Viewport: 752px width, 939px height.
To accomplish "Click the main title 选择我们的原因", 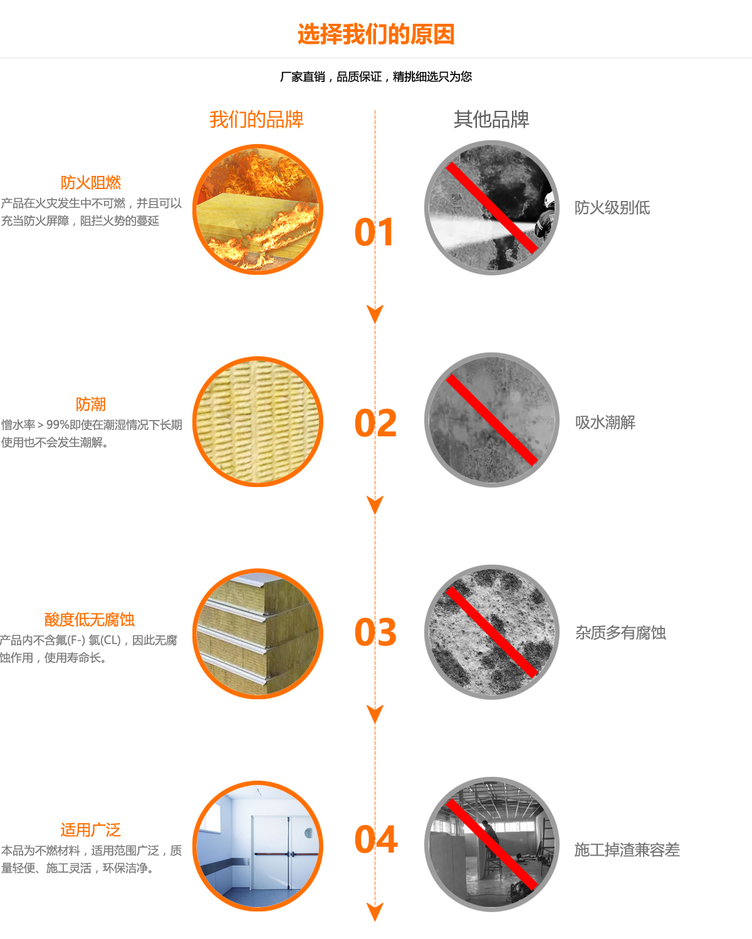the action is (376, 34).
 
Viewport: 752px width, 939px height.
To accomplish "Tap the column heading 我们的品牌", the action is (256, 119).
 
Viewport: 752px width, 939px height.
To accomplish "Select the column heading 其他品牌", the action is (491, 119).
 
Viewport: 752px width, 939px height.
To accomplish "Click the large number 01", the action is (375, 232).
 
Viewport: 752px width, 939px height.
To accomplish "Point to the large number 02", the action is (375, 423).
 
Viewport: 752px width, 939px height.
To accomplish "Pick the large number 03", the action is (375, 632).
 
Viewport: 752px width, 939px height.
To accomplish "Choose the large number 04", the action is (376, 839).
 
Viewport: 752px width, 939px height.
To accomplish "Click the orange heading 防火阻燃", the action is (91, 182).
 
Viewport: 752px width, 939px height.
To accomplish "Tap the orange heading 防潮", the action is (91, 404).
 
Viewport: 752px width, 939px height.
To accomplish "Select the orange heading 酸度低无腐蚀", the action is (90, 619).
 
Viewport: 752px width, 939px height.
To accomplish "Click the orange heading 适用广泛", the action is (91, 829).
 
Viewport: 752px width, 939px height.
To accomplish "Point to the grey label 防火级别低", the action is (612, 208).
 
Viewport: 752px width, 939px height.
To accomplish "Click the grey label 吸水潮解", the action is (605, 422).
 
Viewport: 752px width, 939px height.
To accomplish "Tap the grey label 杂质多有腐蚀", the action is (620, 632).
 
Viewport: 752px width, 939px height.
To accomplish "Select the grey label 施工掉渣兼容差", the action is (627, 849).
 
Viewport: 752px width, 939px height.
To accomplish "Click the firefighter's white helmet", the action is (549, 200).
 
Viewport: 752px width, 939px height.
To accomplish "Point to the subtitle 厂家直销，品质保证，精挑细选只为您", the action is (376, 77).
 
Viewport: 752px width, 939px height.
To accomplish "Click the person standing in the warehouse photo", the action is (491, 847).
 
